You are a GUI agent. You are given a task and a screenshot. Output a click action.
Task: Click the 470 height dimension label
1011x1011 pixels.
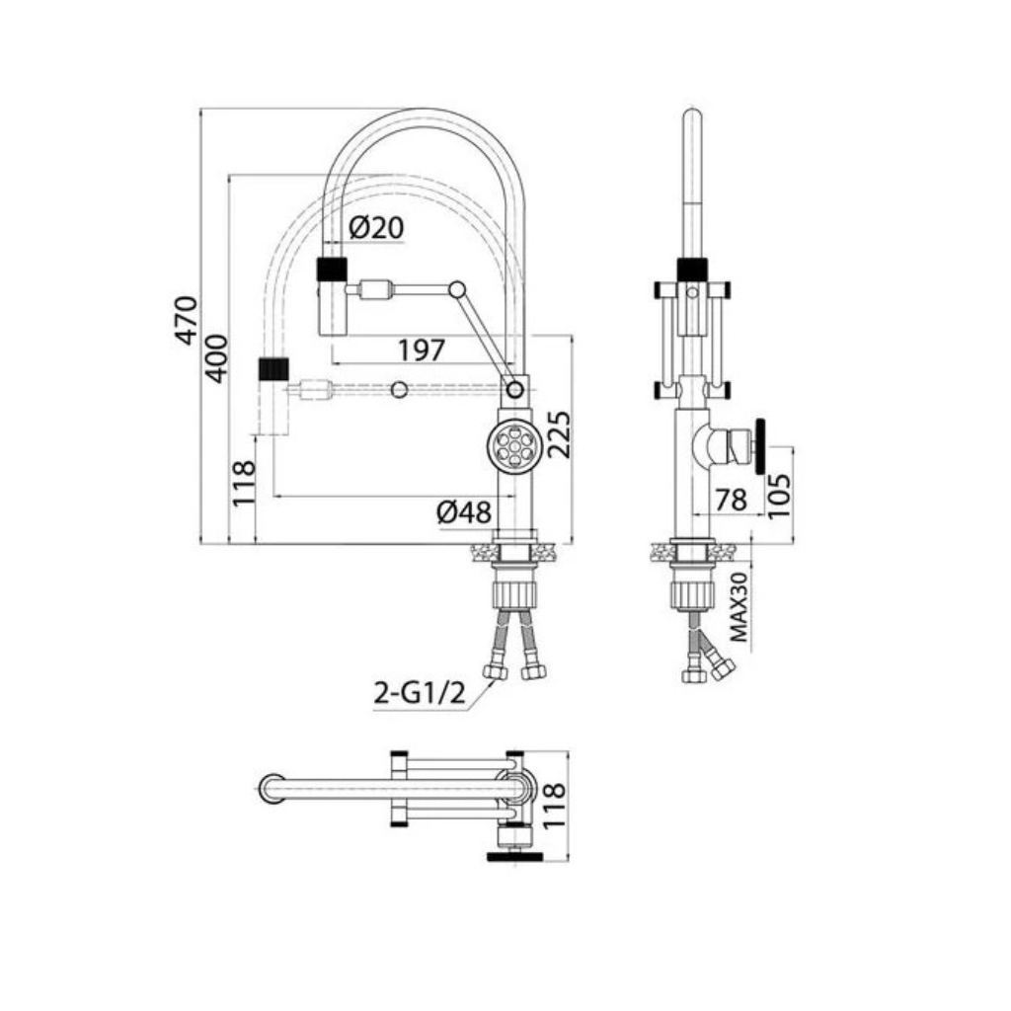188,320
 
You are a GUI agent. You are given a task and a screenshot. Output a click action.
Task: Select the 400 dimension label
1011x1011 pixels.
216,359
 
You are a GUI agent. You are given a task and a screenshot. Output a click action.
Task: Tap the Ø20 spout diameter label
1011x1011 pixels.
376,227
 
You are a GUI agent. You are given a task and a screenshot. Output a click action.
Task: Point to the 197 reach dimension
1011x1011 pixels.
422,350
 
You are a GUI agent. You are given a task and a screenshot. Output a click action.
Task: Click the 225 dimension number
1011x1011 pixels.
559,434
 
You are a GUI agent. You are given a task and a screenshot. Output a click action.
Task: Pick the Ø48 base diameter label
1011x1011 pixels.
464,512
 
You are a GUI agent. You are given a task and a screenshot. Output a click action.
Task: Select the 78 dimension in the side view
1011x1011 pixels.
732,499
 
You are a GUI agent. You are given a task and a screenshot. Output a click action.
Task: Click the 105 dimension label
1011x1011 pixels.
778,496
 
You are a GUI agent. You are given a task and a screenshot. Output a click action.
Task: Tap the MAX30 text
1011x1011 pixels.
739,607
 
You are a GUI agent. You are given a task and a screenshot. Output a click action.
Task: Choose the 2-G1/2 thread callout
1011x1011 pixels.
419,693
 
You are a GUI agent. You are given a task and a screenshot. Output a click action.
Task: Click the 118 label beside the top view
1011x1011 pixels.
554,806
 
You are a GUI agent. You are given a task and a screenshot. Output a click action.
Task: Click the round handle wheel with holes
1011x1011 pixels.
513,446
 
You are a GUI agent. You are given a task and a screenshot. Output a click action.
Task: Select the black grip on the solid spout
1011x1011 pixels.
332,269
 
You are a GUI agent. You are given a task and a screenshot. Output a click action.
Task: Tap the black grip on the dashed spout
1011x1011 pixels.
273,369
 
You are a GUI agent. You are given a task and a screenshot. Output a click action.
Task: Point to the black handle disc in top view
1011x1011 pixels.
513,856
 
